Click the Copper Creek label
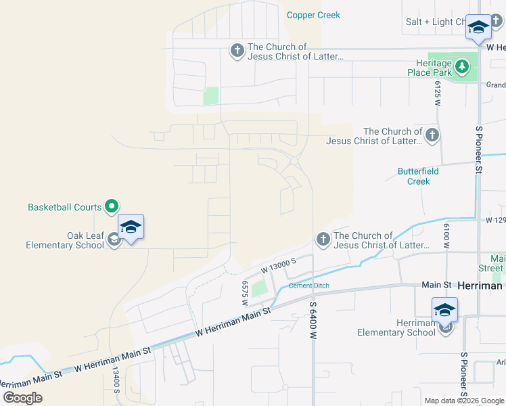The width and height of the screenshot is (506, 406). [x=313, y=15]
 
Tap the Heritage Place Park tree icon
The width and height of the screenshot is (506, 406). [x=462, y=66]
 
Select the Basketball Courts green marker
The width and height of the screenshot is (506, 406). [x=113, y=207]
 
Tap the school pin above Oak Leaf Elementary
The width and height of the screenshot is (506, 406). [x=131, y=227]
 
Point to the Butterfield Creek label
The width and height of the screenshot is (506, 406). [x=418, y=176]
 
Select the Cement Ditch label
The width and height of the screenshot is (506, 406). [x=308, y=286]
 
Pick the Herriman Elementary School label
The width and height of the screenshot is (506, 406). [x=397, y=328]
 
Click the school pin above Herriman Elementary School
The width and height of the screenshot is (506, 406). [x=445, y=311]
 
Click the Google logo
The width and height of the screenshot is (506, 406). [x=22, y=398]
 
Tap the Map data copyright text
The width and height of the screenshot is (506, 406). [x=465, y=401]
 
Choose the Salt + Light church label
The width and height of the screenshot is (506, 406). [x=434, y=22]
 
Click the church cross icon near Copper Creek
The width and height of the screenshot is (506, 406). [x=237, y=51]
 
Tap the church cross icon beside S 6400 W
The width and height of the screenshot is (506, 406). [x=323, y=240]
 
